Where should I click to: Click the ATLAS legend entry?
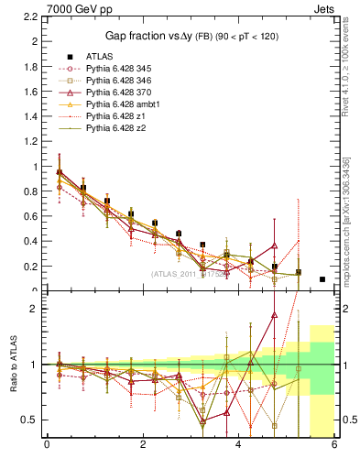pos(99,56)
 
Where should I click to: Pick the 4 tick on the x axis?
pos(239,446)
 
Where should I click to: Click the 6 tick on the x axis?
pos(334,446)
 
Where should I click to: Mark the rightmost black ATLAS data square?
pos(322,279)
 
